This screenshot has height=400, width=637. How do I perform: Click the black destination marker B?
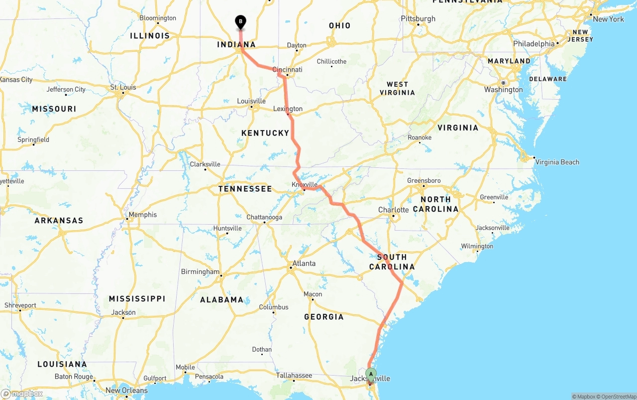240,21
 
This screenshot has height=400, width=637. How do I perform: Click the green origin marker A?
371,374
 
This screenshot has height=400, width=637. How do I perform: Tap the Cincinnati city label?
288,69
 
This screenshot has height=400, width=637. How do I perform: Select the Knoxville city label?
305,184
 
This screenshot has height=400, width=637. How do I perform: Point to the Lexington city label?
288,109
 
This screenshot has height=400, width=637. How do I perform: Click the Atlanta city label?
304,264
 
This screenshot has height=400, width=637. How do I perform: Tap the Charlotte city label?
393,210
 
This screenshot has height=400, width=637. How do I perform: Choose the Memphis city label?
142,215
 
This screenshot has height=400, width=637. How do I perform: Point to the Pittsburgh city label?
418,19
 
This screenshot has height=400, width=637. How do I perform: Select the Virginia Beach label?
557,162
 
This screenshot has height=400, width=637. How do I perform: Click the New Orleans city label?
126,391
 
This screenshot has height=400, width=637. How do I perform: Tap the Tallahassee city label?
295,375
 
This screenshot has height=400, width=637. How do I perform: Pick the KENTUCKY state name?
265,133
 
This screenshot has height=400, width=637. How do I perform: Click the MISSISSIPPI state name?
137,298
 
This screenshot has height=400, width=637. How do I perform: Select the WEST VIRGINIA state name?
397,88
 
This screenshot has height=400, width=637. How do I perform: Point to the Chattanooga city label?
264,217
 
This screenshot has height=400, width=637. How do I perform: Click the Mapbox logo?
22,394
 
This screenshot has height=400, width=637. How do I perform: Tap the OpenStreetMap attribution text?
618,397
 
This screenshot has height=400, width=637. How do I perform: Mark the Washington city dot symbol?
503,83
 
